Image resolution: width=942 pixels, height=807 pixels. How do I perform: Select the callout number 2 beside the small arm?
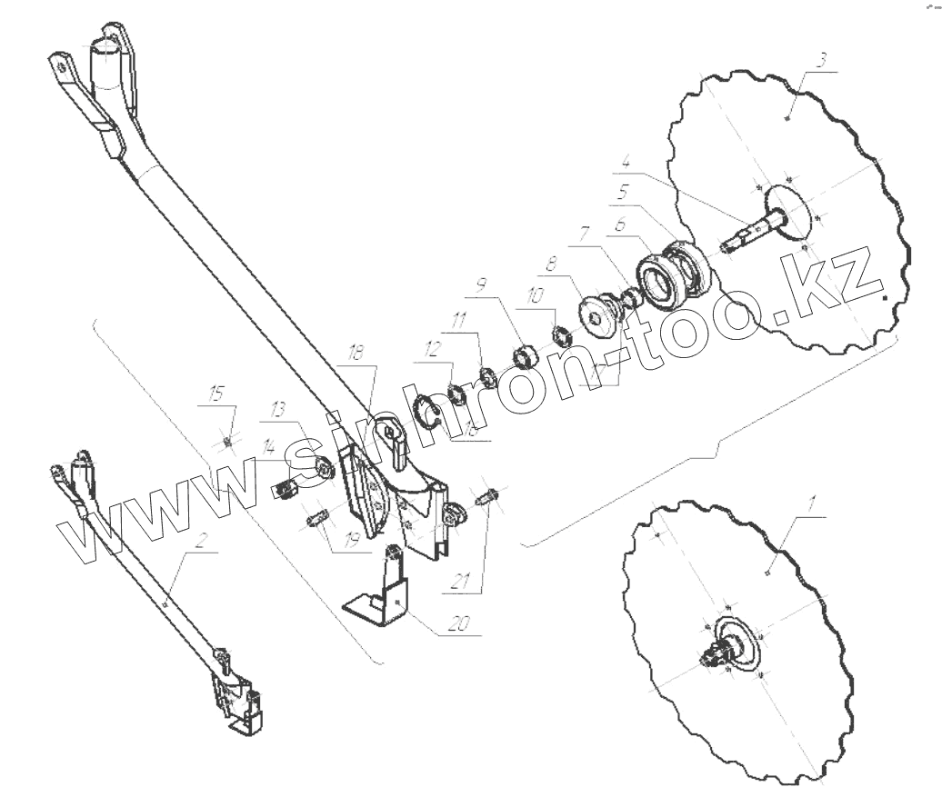[202, 540]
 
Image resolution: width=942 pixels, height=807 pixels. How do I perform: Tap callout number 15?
[216, 394]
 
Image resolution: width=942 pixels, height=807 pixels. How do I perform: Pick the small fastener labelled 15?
[227, 440]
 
